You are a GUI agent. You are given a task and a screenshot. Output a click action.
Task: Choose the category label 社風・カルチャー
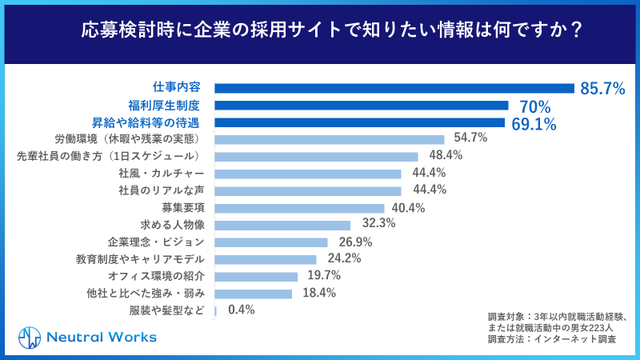pyautogui.click(x=161, y=173)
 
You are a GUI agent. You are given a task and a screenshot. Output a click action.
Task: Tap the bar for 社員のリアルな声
pyautogui.click(x=308, y=190)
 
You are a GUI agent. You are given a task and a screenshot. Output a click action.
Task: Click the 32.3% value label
pyautogui.click(x=378, y=223)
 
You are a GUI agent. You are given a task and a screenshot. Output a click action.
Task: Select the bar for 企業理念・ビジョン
pyautogui.click(x=271, y=242)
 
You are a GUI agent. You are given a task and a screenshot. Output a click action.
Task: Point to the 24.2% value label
pyautogui.click(x=344, y=258)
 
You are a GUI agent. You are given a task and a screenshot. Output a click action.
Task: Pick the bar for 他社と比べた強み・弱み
pyautogui.click(x=254, y=294)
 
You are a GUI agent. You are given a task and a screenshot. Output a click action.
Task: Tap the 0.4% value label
pyautogui.click(x=241, y=310)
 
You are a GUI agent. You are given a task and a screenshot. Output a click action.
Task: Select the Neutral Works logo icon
pyautogui.click(x=30, y=337)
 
